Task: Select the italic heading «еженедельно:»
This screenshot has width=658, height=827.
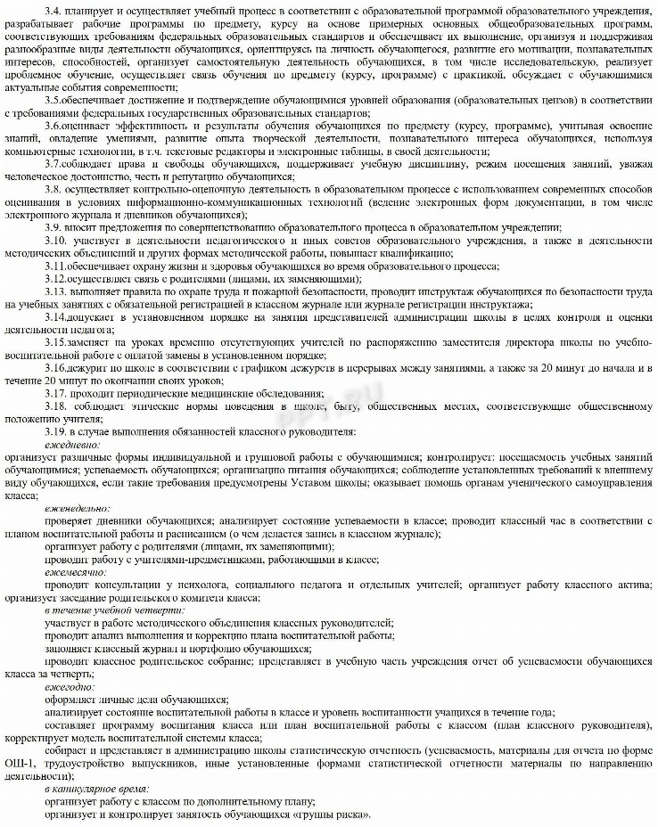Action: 78,507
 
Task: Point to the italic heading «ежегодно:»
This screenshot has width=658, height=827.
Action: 70,686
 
